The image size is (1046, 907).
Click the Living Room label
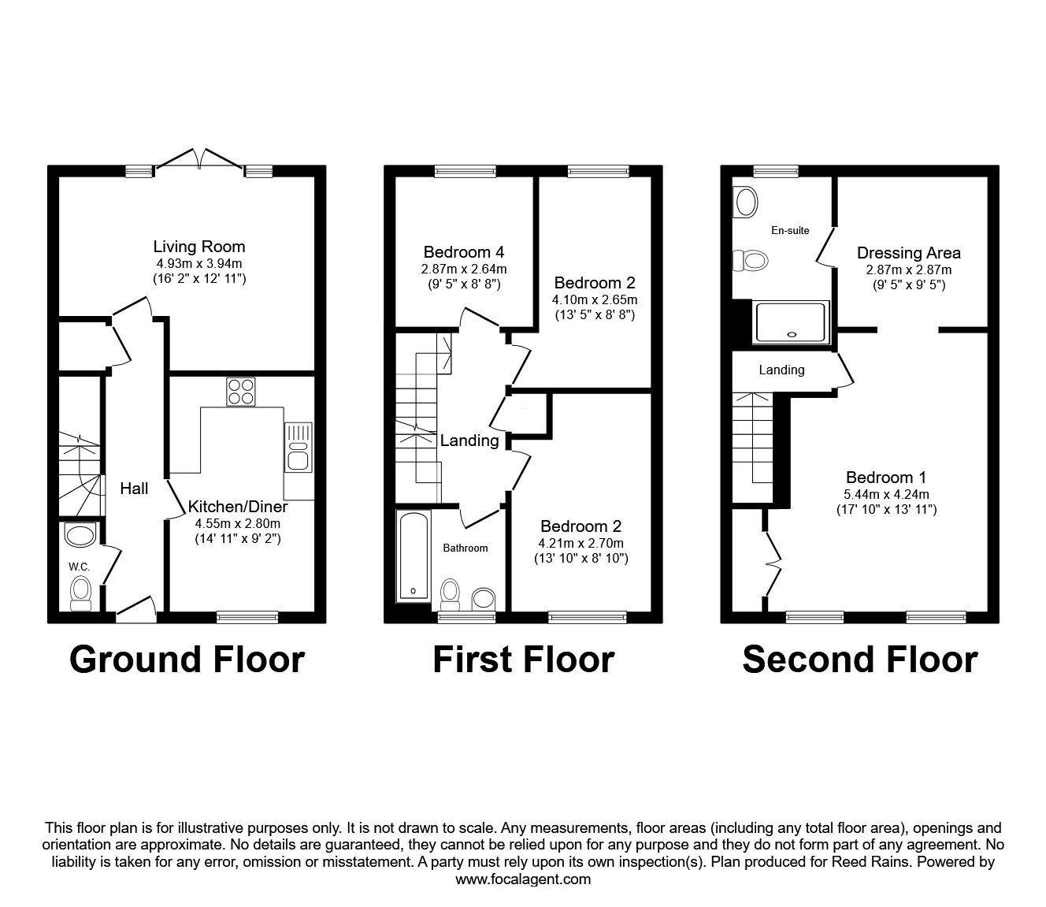click(198, 247)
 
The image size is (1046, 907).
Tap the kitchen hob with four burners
click(241, 392)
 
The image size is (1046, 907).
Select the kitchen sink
click(299, 448)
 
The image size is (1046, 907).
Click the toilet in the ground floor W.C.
click(80, 593)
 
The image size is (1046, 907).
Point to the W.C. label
click(80, 567)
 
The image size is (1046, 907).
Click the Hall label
click(134, 489)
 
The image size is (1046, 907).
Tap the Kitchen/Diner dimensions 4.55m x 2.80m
click(238, 524)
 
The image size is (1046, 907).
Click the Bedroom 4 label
click(464, 252)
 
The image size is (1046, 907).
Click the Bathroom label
click(465, 548)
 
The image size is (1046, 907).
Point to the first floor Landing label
click(469, 440)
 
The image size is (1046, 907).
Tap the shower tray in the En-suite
click(791, 322)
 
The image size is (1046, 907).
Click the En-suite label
click(790, 230)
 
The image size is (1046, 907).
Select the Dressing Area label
click(908, 253)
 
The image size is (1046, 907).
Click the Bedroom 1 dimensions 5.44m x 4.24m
click(886, 494)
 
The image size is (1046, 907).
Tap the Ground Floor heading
click(187, 660)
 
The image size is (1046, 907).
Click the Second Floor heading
click(860, 660)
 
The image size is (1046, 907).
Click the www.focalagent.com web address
click(523, 879)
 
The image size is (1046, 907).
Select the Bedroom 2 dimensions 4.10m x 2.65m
click(595, 299)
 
